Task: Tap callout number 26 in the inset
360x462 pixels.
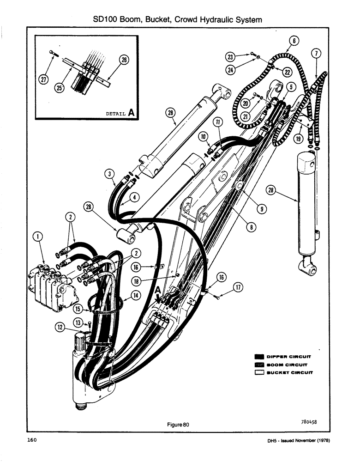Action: pos(124,59)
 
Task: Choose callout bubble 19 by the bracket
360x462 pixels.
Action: pos(299,138)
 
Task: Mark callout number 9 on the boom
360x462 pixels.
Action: pos(261,209)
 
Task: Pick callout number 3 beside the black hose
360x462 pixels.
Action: pos(109,174)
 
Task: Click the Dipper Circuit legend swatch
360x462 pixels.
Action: pos(259,356)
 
